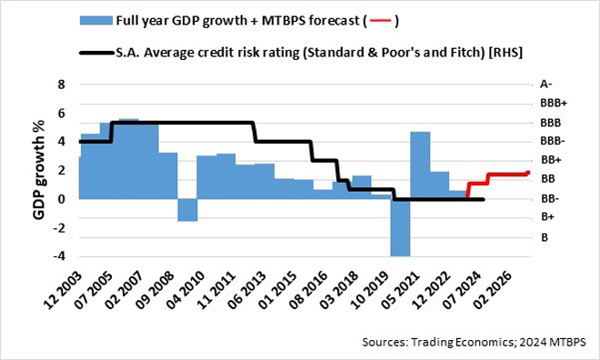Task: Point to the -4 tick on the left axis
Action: click(61, 255)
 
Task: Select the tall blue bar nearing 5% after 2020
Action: click(419, 165)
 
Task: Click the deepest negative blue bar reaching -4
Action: click(399, 227)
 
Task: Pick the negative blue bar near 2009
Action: click(187, 209)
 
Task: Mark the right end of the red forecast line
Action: click(528, 173)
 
